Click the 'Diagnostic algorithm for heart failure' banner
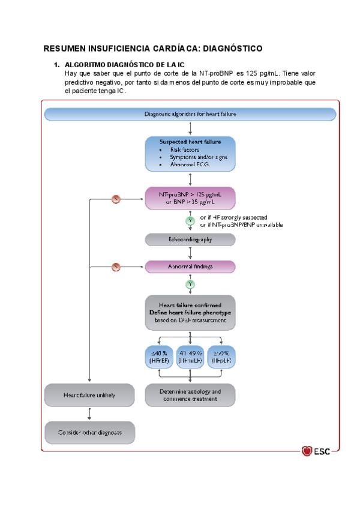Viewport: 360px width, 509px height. (190, 114)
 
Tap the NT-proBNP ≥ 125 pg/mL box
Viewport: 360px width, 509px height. (190, 198)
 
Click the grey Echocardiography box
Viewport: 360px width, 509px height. (190, 239)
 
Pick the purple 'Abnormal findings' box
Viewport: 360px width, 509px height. (190, 266)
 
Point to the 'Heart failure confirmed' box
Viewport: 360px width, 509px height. (190, 313)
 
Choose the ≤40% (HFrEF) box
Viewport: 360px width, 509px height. (158, 357)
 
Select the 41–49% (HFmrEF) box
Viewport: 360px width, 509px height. (190, 357)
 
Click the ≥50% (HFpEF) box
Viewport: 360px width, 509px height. (221, 357)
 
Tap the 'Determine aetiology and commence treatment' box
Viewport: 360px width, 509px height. (190, 395)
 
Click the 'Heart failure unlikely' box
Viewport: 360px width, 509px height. (89, 395)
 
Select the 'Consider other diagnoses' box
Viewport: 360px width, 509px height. (89, 432)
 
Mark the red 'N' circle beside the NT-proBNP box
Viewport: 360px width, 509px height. (117, 199)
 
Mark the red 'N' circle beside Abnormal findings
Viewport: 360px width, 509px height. (117, 266)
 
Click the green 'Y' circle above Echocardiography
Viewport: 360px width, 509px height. (190, 221)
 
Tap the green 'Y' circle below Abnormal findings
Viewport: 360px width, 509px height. (190, 283)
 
